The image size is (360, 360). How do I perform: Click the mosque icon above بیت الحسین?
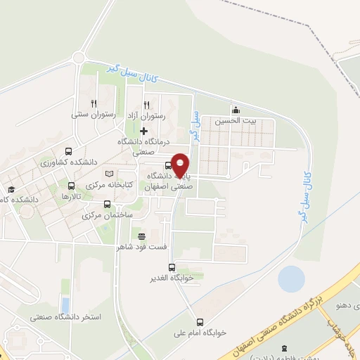click(x=236, y=109)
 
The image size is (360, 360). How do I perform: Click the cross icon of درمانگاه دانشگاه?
click(x=144, y=131)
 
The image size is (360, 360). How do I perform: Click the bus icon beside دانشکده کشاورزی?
click(x=68, y=151)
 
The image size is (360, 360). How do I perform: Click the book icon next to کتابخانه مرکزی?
click(x=108, y=173)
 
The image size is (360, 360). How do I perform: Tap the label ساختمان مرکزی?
click(x=107, y=215)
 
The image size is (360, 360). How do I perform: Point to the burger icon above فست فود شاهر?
click(x=142, y=236)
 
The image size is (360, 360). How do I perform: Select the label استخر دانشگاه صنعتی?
click(x=65, y=317)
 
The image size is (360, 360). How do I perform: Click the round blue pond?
click(x=292, y=279)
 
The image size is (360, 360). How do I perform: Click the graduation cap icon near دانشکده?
click(x=11, y=190)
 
